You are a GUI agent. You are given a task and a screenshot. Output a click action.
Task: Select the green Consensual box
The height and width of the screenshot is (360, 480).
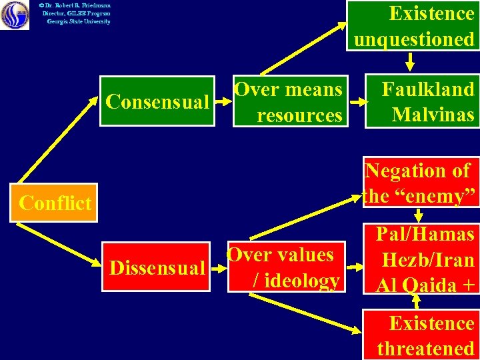pyautogui.click(x=157, y=102)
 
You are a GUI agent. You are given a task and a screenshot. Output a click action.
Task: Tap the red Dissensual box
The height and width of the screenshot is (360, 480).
pyautogui.click(x=156, y=268)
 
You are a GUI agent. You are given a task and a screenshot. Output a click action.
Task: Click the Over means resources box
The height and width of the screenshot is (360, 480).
pyautogui.click(x=290, y=102)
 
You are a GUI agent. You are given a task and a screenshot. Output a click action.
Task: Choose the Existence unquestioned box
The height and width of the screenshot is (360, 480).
pyautogui.click(x=413, y=26)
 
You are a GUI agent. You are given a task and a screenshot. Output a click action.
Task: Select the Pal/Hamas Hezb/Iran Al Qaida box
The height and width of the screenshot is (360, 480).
pyautogui.click(x=423, y=259)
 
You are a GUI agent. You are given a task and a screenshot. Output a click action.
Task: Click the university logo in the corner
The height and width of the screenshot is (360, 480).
pyautogui.click(x=15, y=15)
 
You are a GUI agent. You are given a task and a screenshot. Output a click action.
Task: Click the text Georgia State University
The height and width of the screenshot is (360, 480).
pyautogui.click(x=78, y=21)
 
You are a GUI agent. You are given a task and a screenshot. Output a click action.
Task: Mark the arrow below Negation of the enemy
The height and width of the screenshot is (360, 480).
pyautogui.click(x=419, y=215)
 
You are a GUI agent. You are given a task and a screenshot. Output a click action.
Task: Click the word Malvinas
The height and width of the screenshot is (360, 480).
pyautogui.click(x=433, y=115)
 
